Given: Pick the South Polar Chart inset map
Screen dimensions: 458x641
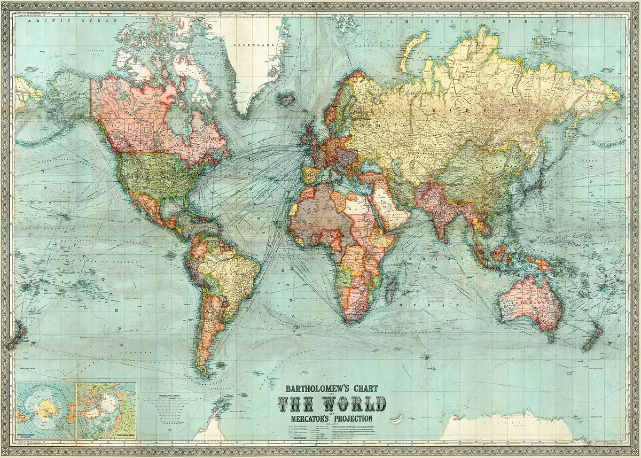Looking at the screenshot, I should pos(45,409).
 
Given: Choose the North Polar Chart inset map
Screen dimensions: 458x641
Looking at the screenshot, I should pos(106,409).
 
